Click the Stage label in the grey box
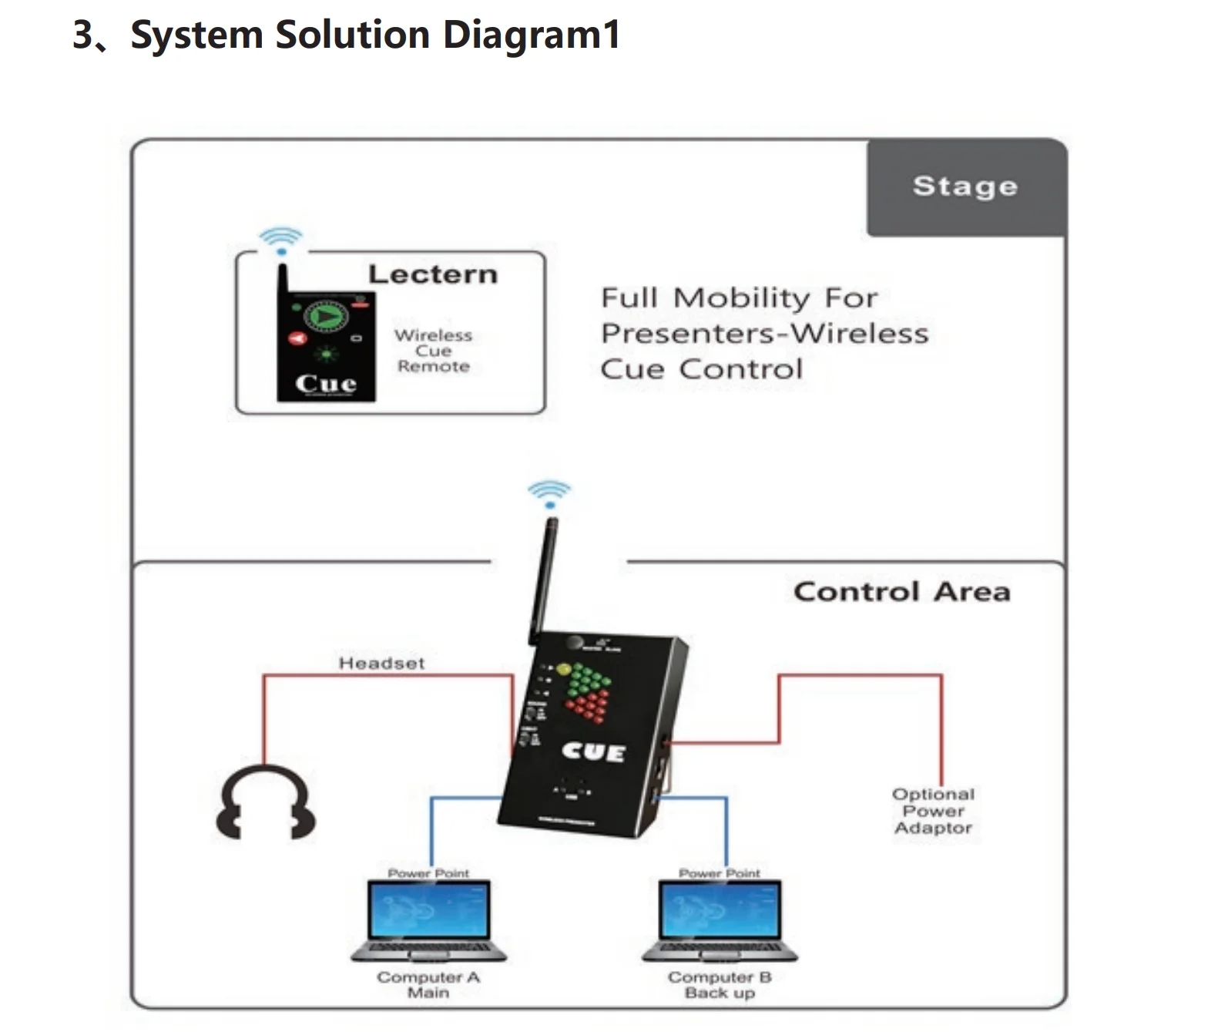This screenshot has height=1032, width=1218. (x=965, y=187)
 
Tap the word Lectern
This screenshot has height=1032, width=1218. (x=433, y=274)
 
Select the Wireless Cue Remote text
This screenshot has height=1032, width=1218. (x=433, y=351)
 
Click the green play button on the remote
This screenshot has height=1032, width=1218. (x=327, y=315)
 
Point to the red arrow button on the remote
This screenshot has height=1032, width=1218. (x=297, y=338)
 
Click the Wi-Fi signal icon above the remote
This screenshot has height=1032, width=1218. (x=280, y=239)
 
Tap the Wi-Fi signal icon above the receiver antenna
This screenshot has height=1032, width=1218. (x=549, y=492)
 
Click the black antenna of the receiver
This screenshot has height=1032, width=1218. (x=543, y=578)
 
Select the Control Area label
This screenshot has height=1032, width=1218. (x=901, y=592)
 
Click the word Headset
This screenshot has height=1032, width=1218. (x=381, y=663)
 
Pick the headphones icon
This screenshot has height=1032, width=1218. (x=265, y=803)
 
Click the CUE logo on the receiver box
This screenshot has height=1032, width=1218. (x=593, y=751)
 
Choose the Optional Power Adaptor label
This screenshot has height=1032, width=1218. (x=933, y=811)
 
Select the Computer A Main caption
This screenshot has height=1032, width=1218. (x=428, y=985)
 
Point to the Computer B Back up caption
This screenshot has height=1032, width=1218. (x=720, y=985)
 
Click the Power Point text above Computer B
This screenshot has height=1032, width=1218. (x=719, y=873)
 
